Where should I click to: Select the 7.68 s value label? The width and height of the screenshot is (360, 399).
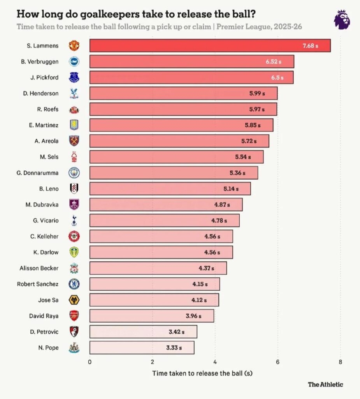pos(311,46)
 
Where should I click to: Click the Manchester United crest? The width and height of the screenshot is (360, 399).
pos(74,46)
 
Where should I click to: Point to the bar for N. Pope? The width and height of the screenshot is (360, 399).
pos(142,348)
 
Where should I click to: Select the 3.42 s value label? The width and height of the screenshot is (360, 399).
pos(177,332)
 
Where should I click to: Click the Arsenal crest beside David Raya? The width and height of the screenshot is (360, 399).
pos(74,316)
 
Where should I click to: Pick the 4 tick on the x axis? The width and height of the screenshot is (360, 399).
pos(215,361)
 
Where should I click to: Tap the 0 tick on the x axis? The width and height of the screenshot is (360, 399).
pos(90,361)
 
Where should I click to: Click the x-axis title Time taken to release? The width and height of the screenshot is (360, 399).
pos(202,373)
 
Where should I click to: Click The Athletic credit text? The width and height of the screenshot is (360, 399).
pos(325,385)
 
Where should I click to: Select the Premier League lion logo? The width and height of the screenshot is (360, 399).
pos(342,19)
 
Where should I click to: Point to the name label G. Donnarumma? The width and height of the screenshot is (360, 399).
pos(38,173)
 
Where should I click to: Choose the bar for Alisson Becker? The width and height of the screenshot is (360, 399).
pos(158,268)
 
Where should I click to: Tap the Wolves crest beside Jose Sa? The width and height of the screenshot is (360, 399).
pos(74,300)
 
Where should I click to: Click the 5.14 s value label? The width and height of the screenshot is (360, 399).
pos(231,189)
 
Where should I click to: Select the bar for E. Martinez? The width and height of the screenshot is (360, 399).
pos(181,125)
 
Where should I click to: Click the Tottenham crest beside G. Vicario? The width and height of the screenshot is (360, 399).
pos(74,221)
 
